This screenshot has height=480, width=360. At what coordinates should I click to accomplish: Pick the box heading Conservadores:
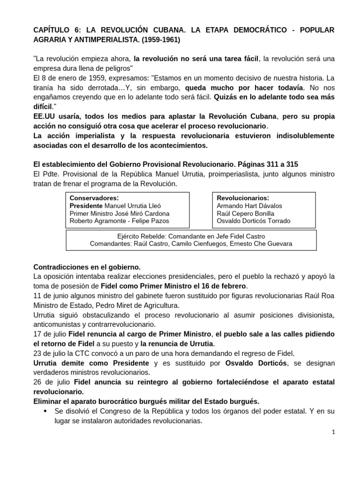pyautogui.click(x=94, y=198)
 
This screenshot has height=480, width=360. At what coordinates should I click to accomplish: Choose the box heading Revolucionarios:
pyautogui.click(x=243, y=198)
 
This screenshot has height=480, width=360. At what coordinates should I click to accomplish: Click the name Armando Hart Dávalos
pyautogui.click(x=249, y=205)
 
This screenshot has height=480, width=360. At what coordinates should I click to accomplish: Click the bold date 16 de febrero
pyautogui.click(x=223, y=285)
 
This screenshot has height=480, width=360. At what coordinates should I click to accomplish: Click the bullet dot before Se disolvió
pyautogui.click(x=45, y=411)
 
